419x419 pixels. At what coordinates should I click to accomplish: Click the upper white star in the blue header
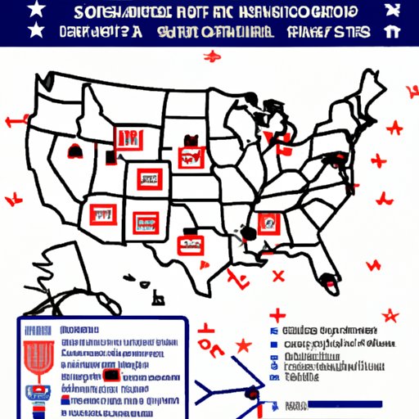pyautogui.click(x=37, y=11)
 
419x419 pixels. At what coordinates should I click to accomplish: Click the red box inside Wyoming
pyautogui.click(x=127, y=137)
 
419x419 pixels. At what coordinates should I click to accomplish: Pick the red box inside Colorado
pyautogui.click(x=148, y=176)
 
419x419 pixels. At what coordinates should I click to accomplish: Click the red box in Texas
pyautogui.click(x=191, y=242)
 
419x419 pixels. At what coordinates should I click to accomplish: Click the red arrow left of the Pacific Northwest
pyautogui.click(x=11, y=123)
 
